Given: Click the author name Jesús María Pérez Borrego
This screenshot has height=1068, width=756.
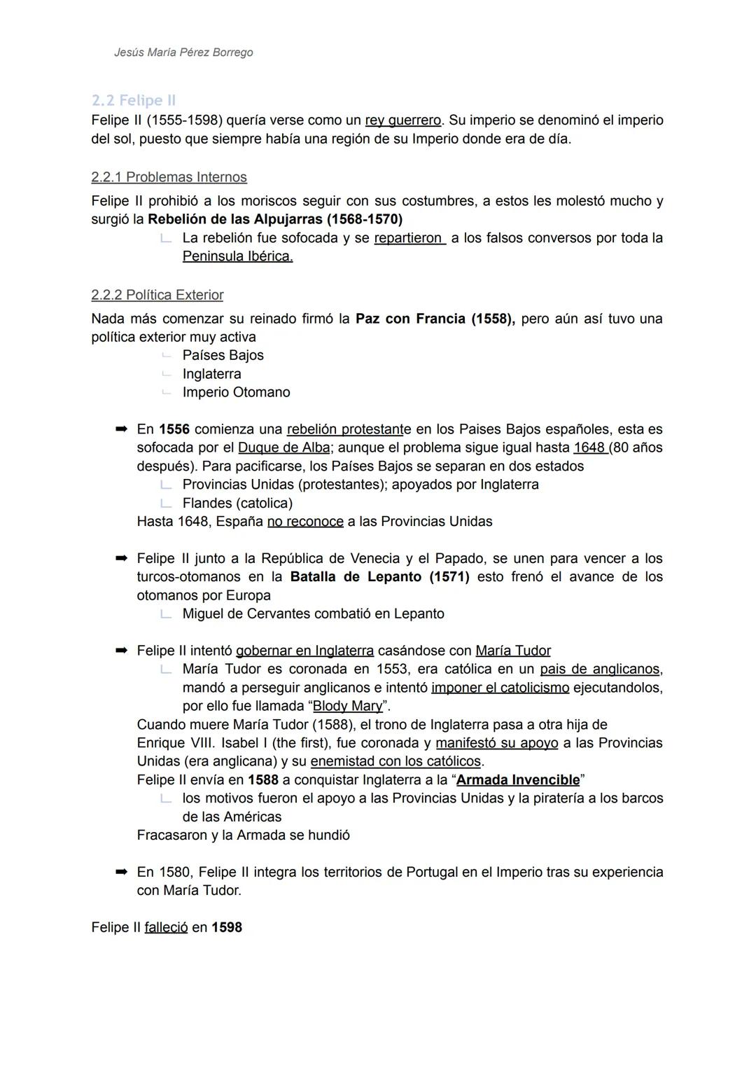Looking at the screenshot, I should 183,53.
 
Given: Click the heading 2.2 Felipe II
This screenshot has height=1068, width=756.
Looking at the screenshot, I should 133,100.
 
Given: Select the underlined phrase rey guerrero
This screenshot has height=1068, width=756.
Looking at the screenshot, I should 402,120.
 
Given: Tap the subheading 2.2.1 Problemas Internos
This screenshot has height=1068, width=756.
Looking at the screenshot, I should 169,177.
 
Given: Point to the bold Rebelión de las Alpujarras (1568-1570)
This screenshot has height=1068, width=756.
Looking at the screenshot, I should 275,219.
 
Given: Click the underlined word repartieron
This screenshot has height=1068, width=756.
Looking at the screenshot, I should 409,238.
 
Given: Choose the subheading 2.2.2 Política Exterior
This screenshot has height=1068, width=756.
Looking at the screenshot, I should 157,295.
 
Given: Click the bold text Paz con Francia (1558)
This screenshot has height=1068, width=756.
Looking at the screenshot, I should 435,319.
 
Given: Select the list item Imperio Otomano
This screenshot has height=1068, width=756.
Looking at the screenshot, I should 236,392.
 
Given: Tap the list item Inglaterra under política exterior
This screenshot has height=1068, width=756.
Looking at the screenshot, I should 211,374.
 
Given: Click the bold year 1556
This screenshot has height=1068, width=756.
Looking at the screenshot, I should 174,429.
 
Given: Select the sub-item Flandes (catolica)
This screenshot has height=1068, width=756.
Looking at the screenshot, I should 237,503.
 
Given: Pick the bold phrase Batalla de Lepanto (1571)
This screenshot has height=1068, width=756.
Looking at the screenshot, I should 379,577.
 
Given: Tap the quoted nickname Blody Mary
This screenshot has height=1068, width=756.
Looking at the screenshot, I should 347,706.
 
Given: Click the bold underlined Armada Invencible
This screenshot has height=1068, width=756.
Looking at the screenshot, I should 518,780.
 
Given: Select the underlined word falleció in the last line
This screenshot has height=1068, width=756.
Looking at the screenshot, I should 166,927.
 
